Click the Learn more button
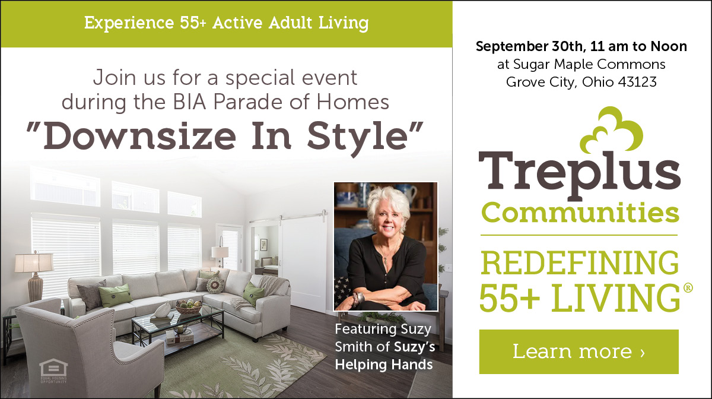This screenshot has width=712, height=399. pos(578,351)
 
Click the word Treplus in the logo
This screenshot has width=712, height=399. pos(579,172)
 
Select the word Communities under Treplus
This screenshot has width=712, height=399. pos(579,212)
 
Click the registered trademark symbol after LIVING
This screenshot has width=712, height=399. pos(688,288)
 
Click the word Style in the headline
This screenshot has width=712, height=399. pos(368,136)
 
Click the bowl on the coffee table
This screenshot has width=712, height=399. pos(188,307)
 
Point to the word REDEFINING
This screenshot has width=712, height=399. pos(579,262)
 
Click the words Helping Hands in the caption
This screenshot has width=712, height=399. pos(384,363)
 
